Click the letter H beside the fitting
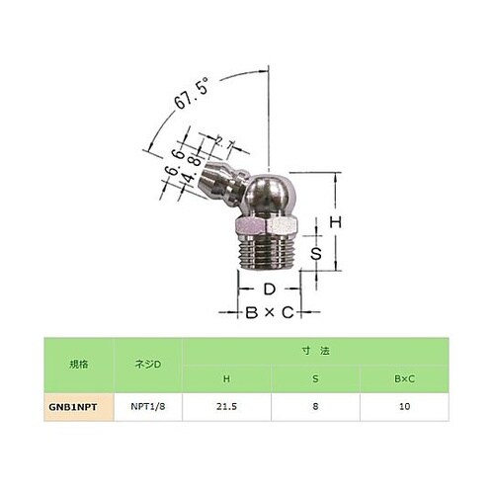(336, 223)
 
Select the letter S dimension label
(317, 253)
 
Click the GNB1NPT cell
(76, 406)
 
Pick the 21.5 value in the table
(226, 406)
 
